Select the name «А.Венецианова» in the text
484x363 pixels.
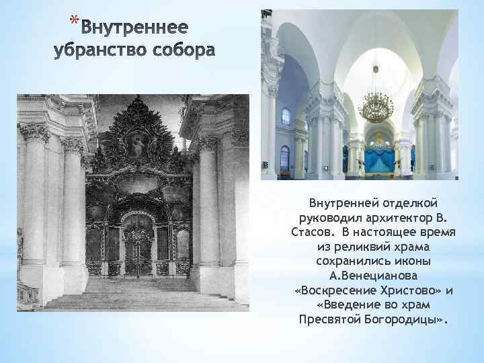tap(372, 276)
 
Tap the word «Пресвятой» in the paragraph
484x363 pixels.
tap(329, 320)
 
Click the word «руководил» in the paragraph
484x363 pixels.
tap(321, 218)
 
